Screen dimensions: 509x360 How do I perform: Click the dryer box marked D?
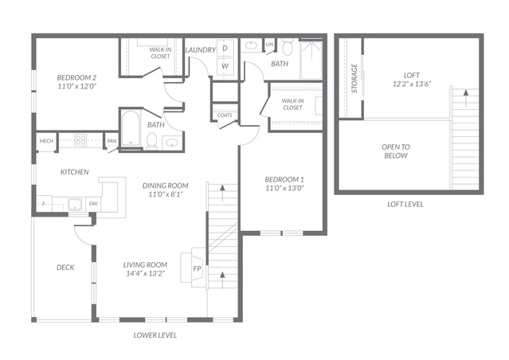(x=225, y=48)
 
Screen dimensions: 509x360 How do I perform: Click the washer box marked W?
(x=225, y=65)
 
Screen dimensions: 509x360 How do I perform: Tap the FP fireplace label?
(x=197, y=268)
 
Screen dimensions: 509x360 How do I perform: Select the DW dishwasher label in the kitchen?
(x=93, y=204)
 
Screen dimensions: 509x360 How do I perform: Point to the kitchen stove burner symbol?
(x=80, y=140)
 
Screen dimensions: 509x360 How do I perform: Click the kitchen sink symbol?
(x=76, y=205)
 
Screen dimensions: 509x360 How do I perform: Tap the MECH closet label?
(x=46, y=141)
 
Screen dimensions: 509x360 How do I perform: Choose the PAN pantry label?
(x=112, y=141)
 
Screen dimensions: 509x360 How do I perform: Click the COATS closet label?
(x=225, y=115)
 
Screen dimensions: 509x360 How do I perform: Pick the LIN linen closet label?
(x=269, y=44)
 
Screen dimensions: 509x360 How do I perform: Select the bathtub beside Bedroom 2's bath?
(x=131, y=128)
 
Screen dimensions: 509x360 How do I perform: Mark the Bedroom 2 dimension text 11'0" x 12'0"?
(x=77, y=86)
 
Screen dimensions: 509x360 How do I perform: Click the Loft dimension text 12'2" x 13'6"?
(x=412, y=84)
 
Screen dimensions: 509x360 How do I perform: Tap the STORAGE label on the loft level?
(x=354, y=78)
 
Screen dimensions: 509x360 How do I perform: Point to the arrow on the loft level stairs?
(x=466, y=98)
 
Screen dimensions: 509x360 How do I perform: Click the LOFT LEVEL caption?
(x=405, y=204)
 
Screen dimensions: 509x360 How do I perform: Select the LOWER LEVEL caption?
(x=155, y=335)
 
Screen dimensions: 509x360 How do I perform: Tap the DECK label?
(x=65, y=267)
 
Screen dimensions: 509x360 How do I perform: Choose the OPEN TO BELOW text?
(x=396, y=151)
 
